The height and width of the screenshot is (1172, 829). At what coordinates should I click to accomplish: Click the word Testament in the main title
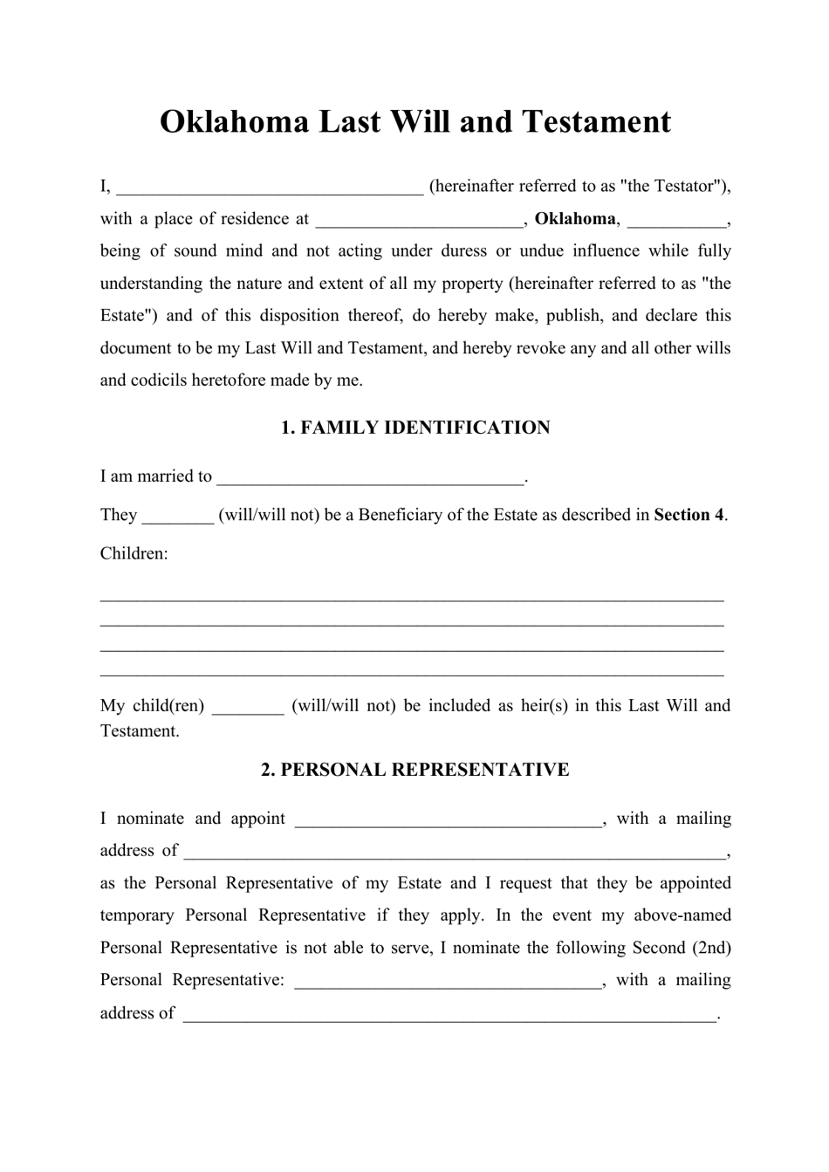coord(597,121)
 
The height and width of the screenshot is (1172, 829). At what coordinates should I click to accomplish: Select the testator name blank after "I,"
coord(270,187)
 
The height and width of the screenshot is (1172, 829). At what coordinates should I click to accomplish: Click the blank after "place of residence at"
coord(419,219)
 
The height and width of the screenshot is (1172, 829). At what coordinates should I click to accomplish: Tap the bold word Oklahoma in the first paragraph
coord(575,219)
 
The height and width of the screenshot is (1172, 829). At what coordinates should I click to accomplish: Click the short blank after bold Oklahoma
coord(677,219)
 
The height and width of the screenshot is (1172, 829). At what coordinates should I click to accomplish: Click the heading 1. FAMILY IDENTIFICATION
coord(414,428)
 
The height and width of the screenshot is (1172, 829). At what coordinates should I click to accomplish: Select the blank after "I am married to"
coord(371,476)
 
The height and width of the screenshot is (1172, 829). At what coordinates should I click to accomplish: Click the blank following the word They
coord(177,515)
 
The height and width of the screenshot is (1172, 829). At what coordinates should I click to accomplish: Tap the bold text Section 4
coord(689,515)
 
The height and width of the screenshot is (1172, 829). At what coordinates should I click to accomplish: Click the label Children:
coord(134,553)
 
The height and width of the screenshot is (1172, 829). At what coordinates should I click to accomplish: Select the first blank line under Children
coord(412,600)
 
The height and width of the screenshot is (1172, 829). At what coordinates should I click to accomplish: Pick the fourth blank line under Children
coord(412,675)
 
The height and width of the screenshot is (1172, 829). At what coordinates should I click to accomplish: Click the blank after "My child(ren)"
coord(248,706)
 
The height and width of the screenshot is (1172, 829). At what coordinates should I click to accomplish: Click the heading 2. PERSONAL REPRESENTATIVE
coord(414,770)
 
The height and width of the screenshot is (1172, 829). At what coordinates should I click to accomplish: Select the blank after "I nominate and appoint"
coord(449,819)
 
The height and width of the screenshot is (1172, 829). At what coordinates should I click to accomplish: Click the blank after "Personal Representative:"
coord(449,981)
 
